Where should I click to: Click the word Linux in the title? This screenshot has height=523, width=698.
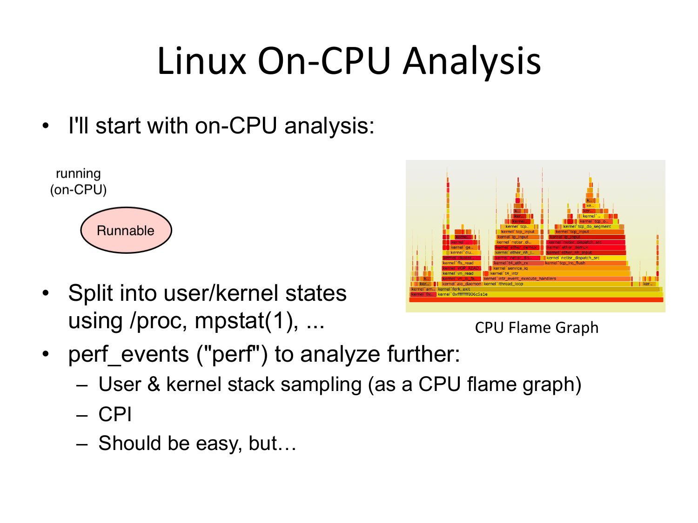(x=201, y=61)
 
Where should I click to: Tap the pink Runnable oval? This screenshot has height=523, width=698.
(x=126, y=230)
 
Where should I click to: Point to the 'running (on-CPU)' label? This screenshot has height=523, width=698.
(x=78, y=181)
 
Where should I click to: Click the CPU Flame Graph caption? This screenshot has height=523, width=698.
(x=537, y=327)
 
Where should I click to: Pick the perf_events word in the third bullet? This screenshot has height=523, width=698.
(x=128, y=354)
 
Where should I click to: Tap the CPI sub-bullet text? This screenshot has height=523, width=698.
(x=115, y=414)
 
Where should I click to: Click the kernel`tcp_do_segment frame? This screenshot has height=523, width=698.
(x=587, y=226)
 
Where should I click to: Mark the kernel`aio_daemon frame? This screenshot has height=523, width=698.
(x=461, y=284)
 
